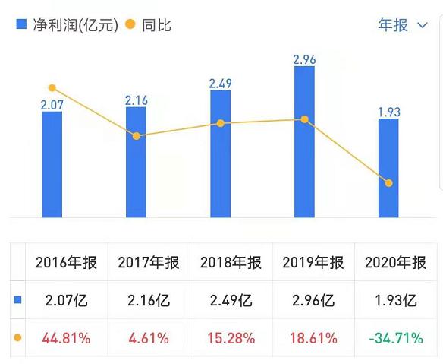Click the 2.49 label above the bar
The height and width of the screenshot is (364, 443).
220,82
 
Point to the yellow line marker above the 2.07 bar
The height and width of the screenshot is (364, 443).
52,88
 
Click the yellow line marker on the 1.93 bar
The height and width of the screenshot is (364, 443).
388,183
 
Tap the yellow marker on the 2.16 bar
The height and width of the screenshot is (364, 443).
136,136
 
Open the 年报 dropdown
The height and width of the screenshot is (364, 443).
403,25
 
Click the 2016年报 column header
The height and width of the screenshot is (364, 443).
67,263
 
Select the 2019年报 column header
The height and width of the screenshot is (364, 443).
313,263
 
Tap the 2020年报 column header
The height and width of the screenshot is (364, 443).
395,263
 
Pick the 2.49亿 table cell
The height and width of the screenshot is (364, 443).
231,300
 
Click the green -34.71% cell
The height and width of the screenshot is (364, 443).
395,338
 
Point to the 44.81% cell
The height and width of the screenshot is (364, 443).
67,338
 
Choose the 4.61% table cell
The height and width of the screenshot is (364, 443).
149,338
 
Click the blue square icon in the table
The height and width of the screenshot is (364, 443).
17,300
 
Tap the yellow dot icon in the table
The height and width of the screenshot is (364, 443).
17,337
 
